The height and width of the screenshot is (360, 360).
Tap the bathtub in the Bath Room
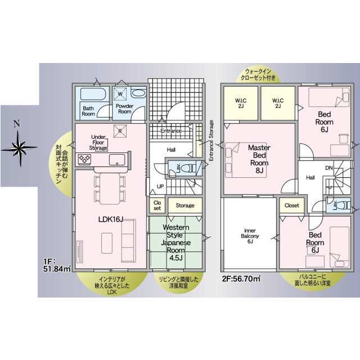tap(93, 94)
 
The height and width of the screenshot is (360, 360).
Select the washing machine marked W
tap(120, 94)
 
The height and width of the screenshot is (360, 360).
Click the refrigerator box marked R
tap(120, 131)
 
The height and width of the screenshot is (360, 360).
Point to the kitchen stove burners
tap(84, 159)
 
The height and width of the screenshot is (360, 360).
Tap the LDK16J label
tap(111, 219)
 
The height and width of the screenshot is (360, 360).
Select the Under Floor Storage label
tap(98, 142)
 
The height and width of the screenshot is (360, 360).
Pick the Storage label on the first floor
tap(185, 205)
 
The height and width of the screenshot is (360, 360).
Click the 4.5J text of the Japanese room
tap(176, 258)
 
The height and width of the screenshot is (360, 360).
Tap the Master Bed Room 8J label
tap(259, 159)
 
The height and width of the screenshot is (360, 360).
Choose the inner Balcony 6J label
tap(250, 236)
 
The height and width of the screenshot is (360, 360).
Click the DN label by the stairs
tap(328, 168)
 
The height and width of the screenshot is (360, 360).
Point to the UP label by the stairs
tap(160, 186)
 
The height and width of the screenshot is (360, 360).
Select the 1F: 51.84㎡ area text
tap(57, 265)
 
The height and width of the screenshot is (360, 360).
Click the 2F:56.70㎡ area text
tap(241, 279)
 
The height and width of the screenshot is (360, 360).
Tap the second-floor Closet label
tap(291, 205)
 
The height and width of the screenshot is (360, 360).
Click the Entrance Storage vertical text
tap(211, 141)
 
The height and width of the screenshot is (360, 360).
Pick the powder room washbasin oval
tap(139, 93)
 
